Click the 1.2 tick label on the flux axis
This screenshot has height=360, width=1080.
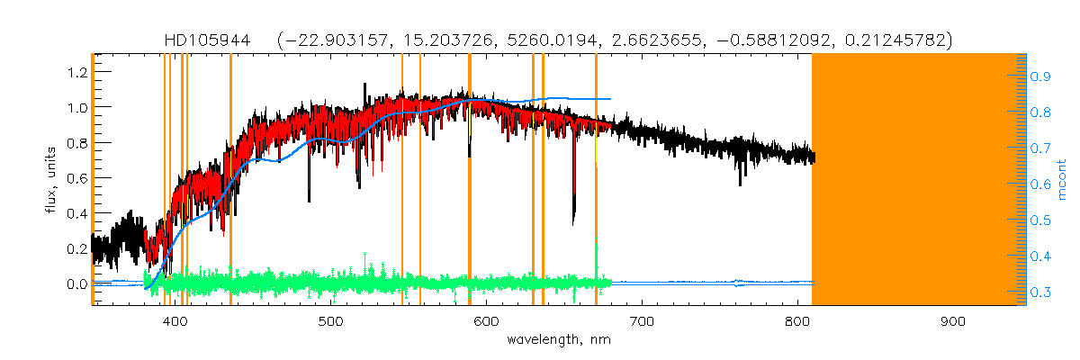click(73, 72)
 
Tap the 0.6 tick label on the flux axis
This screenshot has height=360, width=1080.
click(73, 178)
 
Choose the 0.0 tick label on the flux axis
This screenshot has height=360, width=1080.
click(73, 284)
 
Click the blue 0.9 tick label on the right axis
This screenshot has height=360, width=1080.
click(1040, 77)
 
